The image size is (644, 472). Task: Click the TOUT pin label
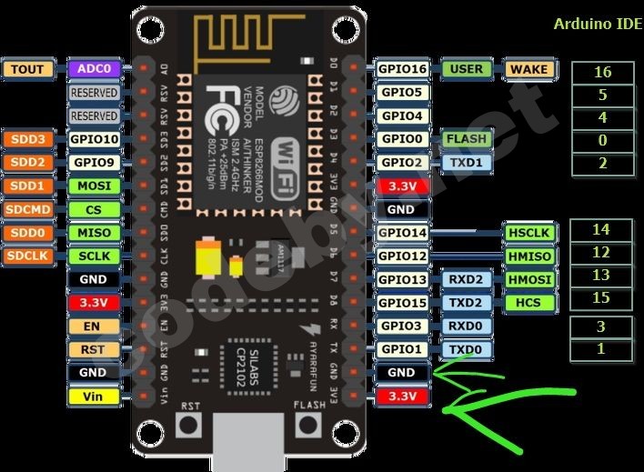coord(27,69)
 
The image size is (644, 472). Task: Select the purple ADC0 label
coord(94,69)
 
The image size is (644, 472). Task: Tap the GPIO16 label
coord(402,69)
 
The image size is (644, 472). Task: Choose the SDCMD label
coord(27,209)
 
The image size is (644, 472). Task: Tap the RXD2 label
coord(467,280)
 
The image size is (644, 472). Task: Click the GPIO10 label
coord(94,139)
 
